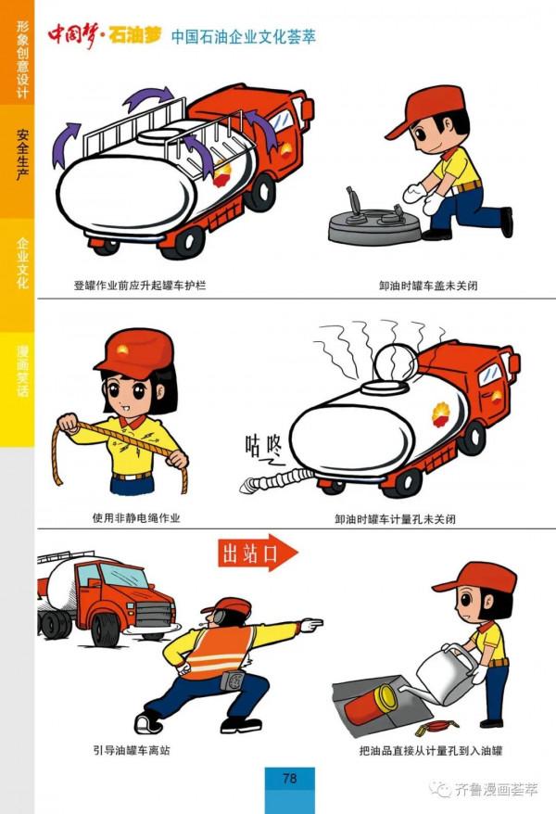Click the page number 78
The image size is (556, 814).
coord(289,778)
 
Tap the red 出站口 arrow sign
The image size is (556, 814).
coord(258,553)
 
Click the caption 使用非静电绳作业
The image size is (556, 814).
coord(136,517)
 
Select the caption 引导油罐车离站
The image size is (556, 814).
coord(132,750)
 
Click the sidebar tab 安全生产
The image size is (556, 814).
coord(22,155)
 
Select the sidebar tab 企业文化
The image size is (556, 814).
coord(22,262)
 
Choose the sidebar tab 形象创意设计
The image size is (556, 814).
coord(22,58)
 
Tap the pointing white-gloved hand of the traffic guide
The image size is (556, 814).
coord(311,625)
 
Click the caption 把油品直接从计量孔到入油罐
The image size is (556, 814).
coord(431,750)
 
